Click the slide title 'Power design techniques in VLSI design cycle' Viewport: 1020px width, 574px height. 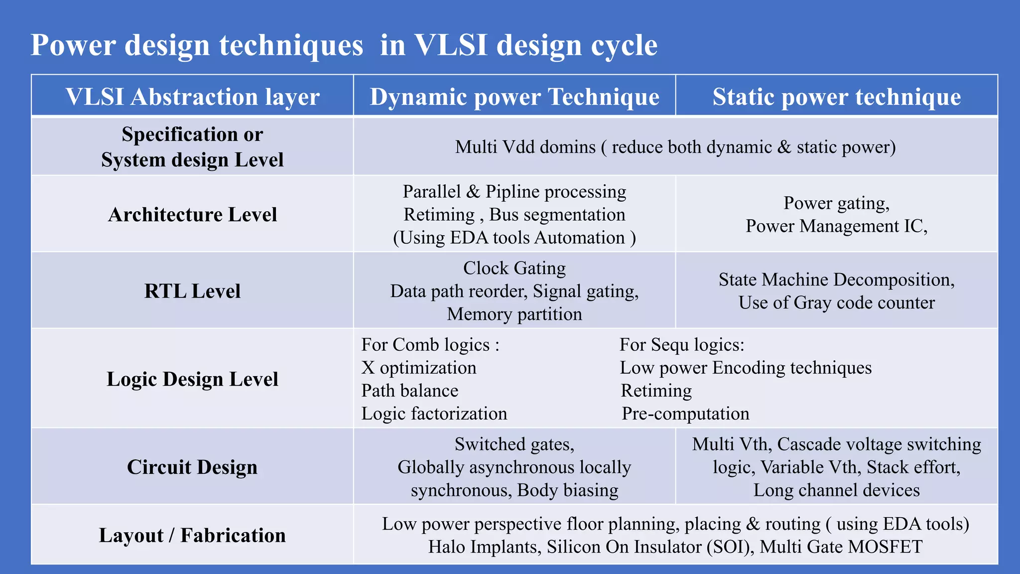tap(344, 45)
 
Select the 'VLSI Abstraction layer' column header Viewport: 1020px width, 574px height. tap(192, 97)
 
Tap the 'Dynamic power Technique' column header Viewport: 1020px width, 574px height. tap(514, 97)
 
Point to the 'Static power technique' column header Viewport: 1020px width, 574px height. tap(837, 97)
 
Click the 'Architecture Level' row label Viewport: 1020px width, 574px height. tap(192, 215)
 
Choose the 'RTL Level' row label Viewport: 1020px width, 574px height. tap(192, 291)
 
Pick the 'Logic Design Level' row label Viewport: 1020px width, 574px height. tap(192, 379)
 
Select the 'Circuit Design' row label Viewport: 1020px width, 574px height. tap(192, 467)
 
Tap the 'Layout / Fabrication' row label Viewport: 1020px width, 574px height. tap(192, 536)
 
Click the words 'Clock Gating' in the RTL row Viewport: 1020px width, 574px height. tap(514, 268)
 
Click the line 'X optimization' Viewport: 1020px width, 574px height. tap(419, 368)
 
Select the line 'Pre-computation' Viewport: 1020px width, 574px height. tap(685, 414)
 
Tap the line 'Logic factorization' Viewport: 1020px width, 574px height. tap(434, 414)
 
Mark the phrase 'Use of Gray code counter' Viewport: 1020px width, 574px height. tap(837, 302)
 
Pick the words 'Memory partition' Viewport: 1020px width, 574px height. tap(514, 314)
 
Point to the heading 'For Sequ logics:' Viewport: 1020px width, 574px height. tap(682, 345)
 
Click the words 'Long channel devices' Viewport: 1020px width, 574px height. tap(837, 490)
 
